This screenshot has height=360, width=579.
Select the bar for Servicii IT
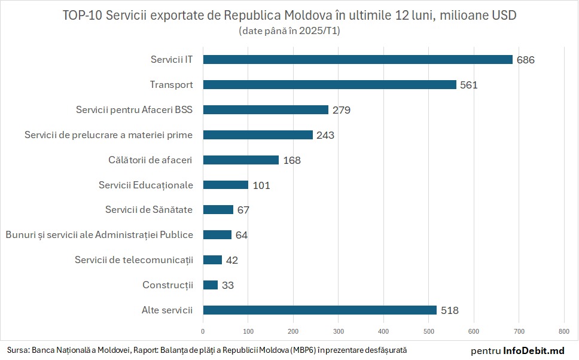(358, 59)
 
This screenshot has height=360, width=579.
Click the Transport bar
(330, 84)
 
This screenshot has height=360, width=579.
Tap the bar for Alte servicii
(320, 310)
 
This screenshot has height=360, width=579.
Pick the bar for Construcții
(211, 285)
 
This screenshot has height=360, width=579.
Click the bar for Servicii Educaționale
(225, 185)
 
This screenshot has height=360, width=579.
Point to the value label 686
(526, 60)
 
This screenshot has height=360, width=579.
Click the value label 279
(342, 110)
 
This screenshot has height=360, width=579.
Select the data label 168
(292, 160)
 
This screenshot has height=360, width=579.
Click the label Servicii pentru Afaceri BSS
(135, 109)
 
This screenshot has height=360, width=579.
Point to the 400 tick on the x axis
(383, 330)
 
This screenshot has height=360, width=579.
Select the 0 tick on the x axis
(203, 330)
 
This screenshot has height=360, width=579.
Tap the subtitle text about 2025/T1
(289, 30)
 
